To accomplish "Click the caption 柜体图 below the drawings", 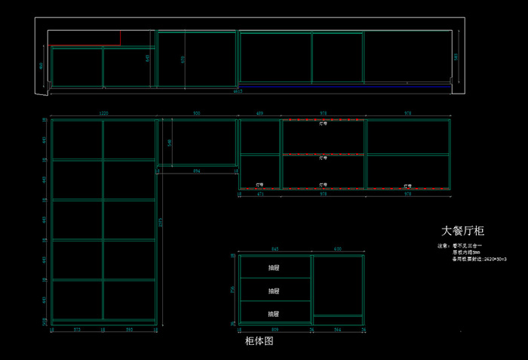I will pyautogui.click(x=259, y=342).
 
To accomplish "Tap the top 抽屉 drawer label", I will pyautogui.click(x=274, y=267).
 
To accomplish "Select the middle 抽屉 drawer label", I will pyautogui.click(x=274, y=291).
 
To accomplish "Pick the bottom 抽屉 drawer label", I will pyautogui.click(x=274, y=313).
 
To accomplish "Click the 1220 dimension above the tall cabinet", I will pyautogui.click(x=103, y=113).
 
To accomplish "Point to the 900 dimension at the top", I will pyautogui.click(x=197, y=113).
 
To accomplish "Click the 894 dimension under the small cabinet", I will pyautogui.click(x=196, y=172).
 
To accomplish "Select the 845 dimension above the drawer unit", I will pyautogui.click(x=275, y=249).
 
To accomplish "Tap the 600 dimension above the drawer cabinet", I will pyautogui.click(x=338, y=249).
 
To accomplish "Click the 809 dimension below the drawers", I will pyautogui.click(x=275, y=331).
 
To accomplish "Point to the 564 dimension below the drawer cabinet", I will pyautogui.click(x=338, y=331).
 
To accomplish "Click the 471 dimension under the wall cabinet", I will pyautogui.click(x=260, y=194).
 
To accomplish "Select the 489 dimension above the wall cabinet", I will pyautogui.click(x=260, y=113).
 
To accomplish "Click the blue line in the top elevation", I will pyautogui.click(x=347, y=86).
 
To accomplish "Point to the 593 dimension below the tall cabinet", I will pyautogui.click(x=129, y=331).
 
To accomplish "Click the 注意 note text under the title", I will pyautogui.click(x=444, y=246).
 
